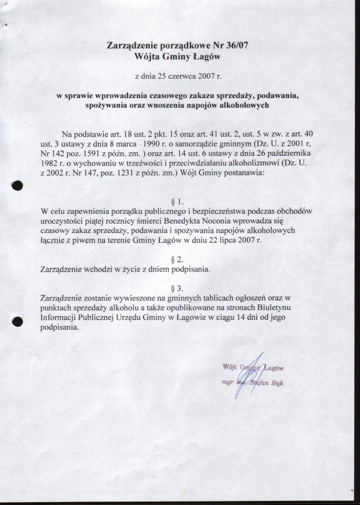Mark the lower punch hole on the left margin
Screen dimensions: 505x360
point(17,322)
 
